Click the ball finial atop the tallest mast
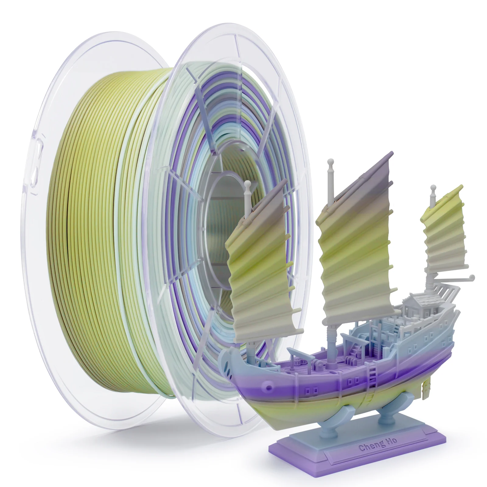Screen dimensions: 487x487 [x=330, y=162]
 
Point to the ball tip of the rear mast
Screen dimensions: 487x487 [x=432, y=189]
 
